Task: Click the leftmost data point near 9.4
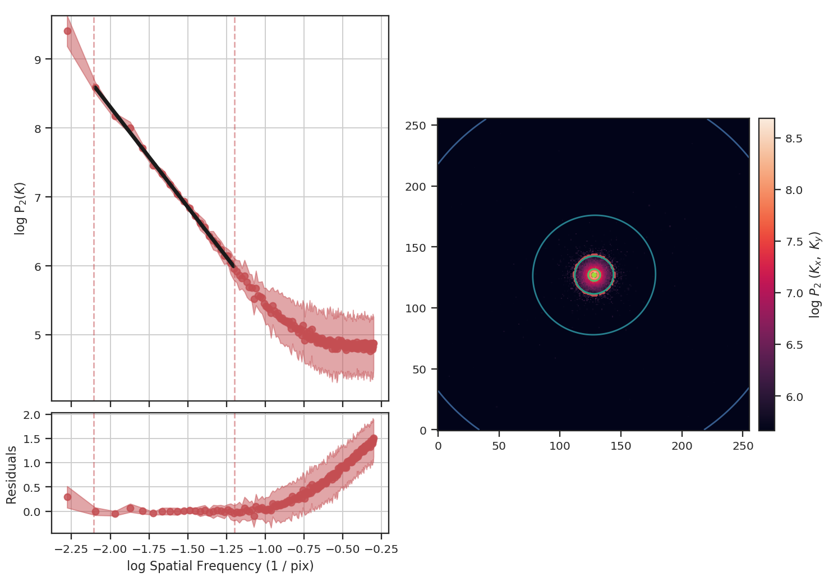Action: (68, 31)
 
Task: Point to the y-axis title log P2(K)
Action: (20, 208)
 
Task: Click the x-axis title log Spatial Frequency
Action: (220, 566)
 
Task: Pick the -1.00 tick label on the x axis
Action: (265, 549)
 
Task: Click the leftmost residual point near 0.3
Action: (68, 497)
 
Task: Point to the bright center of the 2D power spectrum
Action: (594, 275)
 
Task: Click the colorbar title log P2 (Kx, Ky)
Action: (816, 275)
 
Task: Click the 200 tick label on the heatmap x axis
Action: (682, 446)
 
